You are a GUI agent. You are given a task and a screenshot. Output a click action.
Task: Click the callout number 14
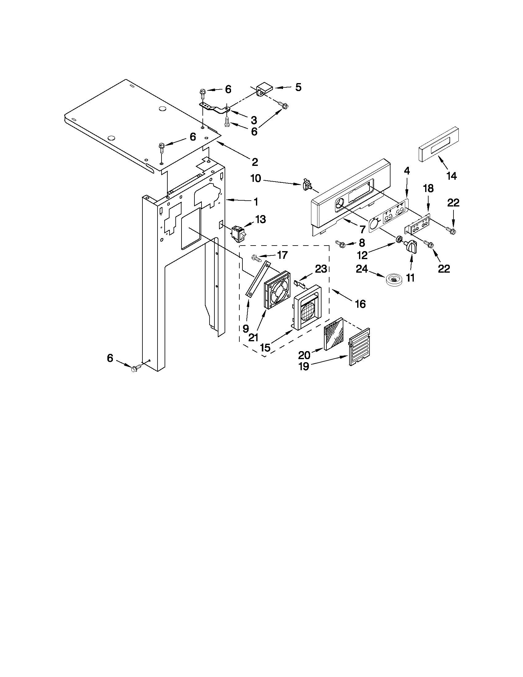(451, 176)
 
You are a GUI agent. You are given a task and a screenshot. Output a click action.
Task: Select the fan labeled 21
(277, 290)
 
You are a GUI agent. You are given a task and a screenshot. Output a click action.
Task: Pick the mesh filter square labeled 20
(333, 334)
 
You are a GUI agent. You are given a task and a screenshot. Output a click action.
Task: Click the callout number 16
(360, 304)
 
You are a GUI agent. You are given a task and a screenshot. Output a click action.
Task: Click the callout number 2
(254, 162)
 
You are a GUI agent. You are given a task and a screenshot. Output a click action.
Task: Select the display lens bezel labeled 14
(438, 145)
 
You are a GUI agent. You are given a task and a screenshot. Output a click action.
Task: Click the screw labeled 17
(256, 257)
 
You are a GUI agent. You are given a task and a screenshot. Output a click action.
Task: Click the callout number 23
(321, 269)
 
